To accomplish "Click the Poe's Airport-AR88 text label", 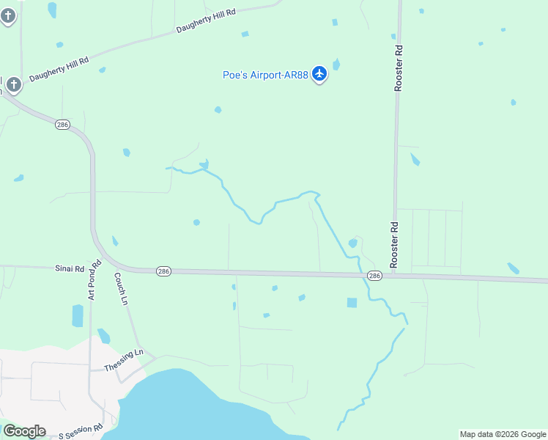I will point(265,75).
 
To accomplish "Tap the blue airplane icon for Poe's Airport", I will point(319,73).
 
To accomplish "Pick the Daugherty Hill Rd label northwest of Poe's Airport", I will point(206,21).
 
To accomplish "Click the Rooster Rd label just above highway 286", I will point(393,244).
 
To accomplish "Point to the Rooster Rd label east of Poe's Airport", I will point(399,69).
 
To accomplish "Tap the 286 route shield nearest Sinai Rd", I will point(163,271).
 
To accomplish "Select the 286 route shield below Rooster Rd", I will point(374,276).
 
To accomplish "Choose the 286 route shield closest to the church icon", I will point(62,125).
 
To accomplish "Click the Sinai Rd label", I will point(70,268).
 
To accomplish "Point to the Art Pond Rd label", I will point(93,280).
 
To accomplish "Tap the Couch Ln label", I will point(121,289).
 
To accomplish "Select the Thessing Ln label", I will point(124,360).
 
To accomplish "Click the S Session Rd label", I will point(81,430).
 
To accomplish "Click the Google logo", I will point(24,430).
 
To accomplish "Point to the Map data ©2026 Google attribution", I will point(503,434).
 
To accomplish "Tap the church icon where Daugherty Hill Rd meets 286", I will point(13,85).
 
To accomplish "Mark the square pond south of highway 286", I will point(352,302).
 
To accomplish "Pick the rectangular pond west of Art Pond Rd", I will point(78,315).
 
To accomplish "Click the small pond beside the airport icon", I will point(336,65).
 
